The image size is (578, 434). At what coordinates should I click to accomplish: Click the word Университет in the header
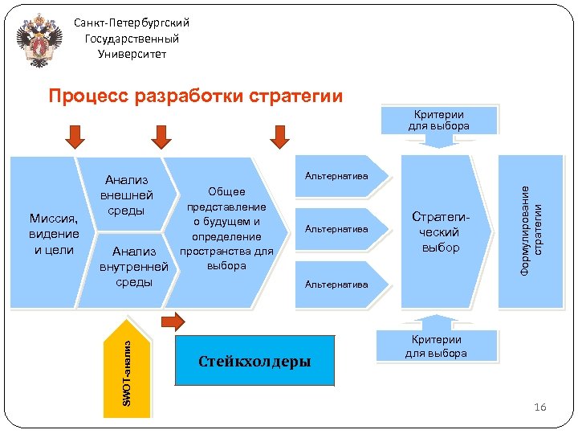point(132,54)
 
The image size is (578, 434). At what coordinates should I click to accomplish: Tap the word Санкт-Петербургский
point(132,23)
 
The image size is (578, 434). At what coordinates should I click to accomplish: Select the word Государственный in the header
point(132,39)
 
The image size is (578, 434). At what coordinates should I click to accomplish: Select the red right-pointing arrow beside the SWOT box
point(173,322)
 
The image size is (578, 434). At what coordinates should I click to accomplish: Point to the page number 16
point(539,408)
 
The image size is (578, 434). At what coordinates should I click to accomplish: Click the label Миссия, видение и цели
point(54,233)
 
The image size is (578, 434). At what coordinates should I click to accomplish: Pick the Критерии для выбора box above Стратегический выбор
point(438,120)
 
